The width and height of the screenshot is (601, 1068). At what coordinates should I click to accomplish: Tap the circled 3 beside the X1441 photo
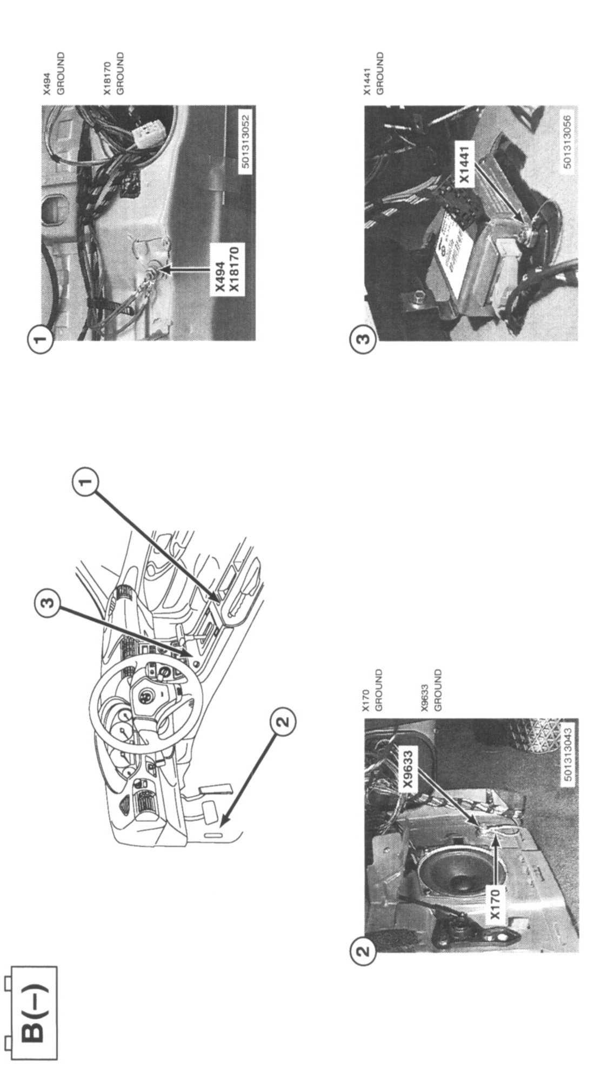coord(363,341)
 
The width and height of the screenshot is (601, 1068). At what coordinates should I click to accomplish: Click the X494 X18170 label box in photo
coord(226,270)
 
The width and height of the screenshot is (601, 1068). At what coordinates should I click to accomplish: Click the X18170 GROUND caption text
coord(114,73)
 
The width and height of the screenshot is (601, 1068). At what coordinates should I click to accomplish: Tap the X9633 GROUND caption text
coord(431,690)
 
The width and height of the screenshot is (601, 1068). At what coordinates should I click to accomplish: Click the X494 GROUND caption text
coord(54,73)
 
